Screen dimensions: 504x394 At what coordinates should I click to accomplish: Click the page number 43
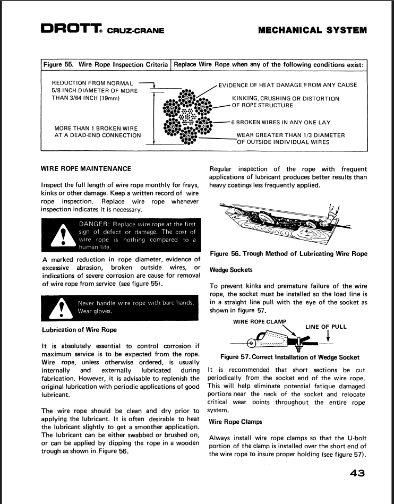click(x=357, y=473)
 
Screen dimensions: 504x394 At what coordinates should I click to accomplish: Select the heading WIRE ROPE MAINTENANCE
click(x=86, y=169)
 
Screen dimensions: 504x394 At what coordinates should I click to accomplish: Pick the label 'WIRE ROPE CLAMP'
click(x=260, y=321)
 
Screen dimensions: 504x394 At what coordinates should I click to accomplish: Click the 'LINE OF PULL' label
click(x=326, y=327)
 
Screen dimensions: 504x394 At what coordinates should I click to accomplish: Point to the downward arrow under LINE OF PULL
click(x=329, y=337)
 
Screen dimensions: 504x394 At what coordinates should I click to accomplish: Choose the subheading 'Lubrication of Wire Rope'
click(x=79, y=330)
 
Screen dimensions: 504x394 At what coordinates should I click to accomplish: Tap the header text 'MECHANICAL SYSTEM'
click(x=312, y=30)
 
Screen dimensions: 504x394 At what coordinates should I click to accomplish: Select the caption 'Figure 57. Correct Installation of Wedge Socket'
click(x=290, y=357)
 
